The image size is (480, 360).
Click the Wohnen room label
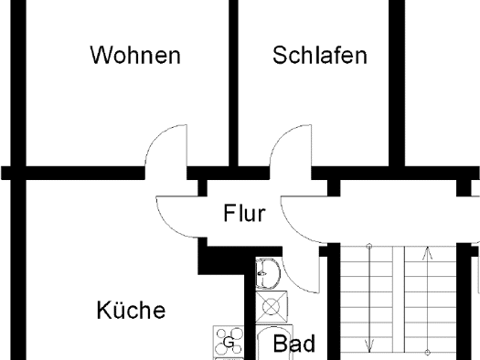[135, 55]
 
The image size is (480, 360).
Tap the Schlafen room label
[320, 55]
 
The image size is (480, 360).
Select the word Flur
[245, 213]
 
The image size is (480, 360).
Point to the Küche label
[131, 310]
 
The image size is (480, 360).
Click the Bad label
[293, 344]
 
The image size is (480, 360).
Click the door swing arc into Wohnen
[156, 136]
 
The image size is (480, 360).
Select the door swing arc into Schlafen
[281, 136]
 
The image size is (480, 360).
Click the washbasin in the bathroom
[268, 273]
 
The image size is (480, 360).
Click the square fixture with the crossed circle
[272, 307]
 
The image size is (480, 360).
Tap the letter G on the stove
[229, 342]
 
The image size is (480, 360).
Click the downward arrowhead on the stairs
[369, 347]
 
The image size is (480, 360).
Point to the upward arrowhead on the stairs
[428, 254]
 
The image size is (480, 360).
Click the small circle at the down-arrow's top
[369, 246]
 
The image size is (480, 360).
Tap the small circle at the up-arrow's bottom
[428, 353]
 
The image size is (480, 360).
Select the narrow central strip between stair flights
[399, 300]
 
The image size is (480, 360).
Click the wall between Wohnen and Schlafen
[233, 83]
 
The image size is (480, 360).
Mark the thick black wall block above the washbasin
[227, 260]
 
